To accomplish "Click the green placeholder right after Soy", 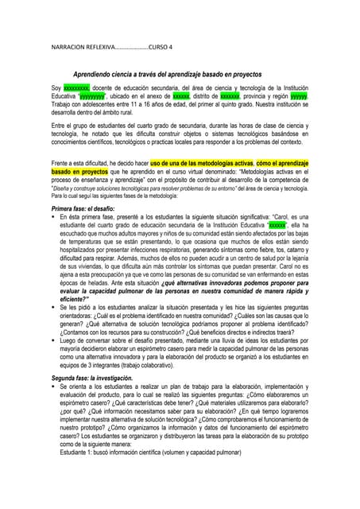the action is point(76,87).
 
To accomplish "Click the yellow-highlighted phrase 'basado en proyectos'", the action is point(85,171).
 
